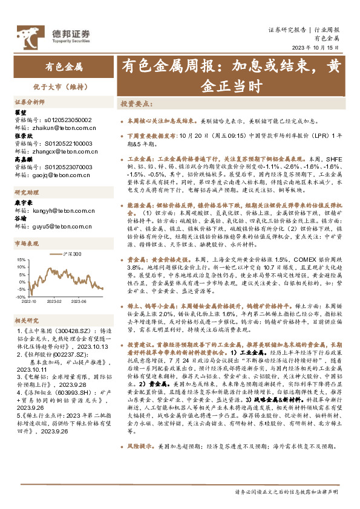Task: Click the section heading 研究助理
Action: click(26, 193)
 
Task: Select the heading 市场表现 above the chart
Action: click(26, 242)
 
